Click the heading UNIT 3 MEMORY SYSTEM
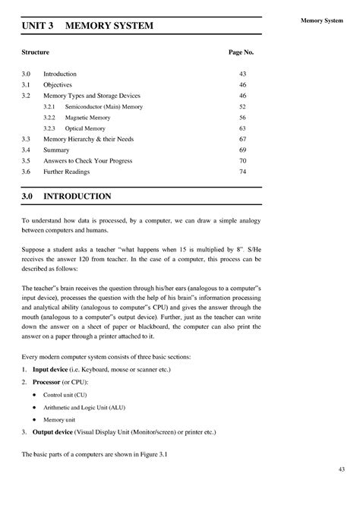pyautogui.click(x=87, y=27)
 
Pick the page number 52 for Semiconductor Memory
pyautogui.click(x=243, y=108)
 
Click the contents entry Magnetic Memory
pyautogui.click(x=87, y=118)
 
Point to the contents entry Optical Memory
pyautogui.click(x=84, y=129)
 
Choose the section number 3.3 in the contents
pyautogui.click(x=26, y=140)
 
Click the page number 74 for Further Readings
pyautogui.click(x=243, y=172)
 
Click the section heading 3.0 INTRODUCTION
pyautogui.click(x=67, y=196)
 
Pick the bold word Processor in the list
pyautogui.click(x=49, y=381)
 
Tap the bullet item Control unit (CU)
pyautogui.click(x=65, y=396)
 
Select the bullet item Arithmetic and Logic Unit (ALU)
pyautogui.click(x=84, y=408)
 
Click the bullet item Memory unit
pyautogui.click(x=59, y=419)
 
